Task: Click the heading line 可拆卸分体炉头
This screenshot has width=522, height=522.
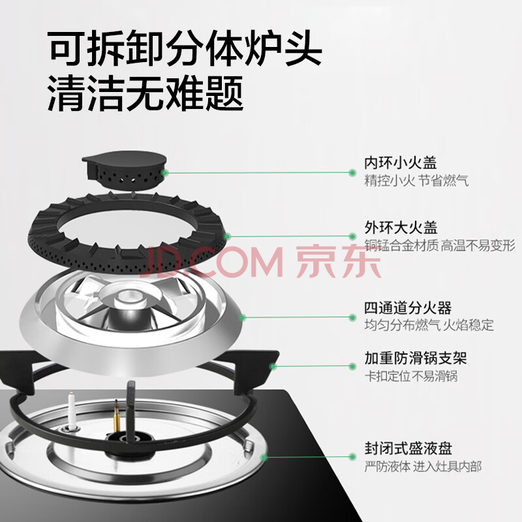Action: (184, 48)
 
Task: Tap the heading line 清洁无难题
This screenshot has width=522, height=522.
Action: (145, 93)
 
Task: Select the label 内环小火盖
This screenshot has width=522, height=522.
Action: (400, 163)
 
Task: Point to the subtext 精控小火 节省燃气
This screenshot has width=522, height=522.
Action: (416, 181)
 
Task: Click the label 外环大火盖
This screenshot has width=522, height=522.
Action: (401, 228)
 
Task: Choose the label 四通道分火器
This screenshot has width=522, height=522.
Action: (408, 308)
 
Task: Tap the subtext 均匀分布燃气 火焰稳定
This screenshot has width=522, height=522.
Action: (429, 325)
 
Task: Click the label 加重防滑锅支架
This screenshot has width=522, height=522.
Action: (416, 358)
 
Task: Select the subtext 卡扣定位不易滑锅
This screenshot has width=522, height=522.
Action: (411, 376)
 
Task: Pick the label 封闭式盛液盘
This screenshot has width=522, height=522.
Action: (408, 448)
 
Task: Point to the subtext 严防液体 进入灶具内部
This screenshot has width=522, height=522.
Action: (423, 467)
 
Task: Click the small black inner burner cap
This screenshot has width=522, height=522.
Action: (124, 170)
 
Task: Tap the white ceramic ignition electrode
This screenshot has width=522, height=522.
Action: (72, 410)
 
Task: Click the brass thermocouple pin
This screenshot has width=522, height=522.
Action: (117, 416)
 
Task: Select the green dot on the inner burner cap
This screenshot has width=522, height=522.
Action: (164, 173)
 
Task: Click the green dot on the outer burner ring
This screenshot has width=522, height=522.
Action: (227, 237)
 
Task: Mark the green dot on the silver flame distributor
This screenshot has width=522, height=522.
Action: (243, 318)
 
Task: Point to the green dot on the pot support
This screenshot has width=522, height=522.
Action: (273, 367)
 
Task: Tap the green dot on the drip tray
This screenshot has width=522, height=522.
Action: (264, 457)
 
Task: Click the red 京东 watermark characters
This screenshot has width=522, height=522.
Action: (338, 262)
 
